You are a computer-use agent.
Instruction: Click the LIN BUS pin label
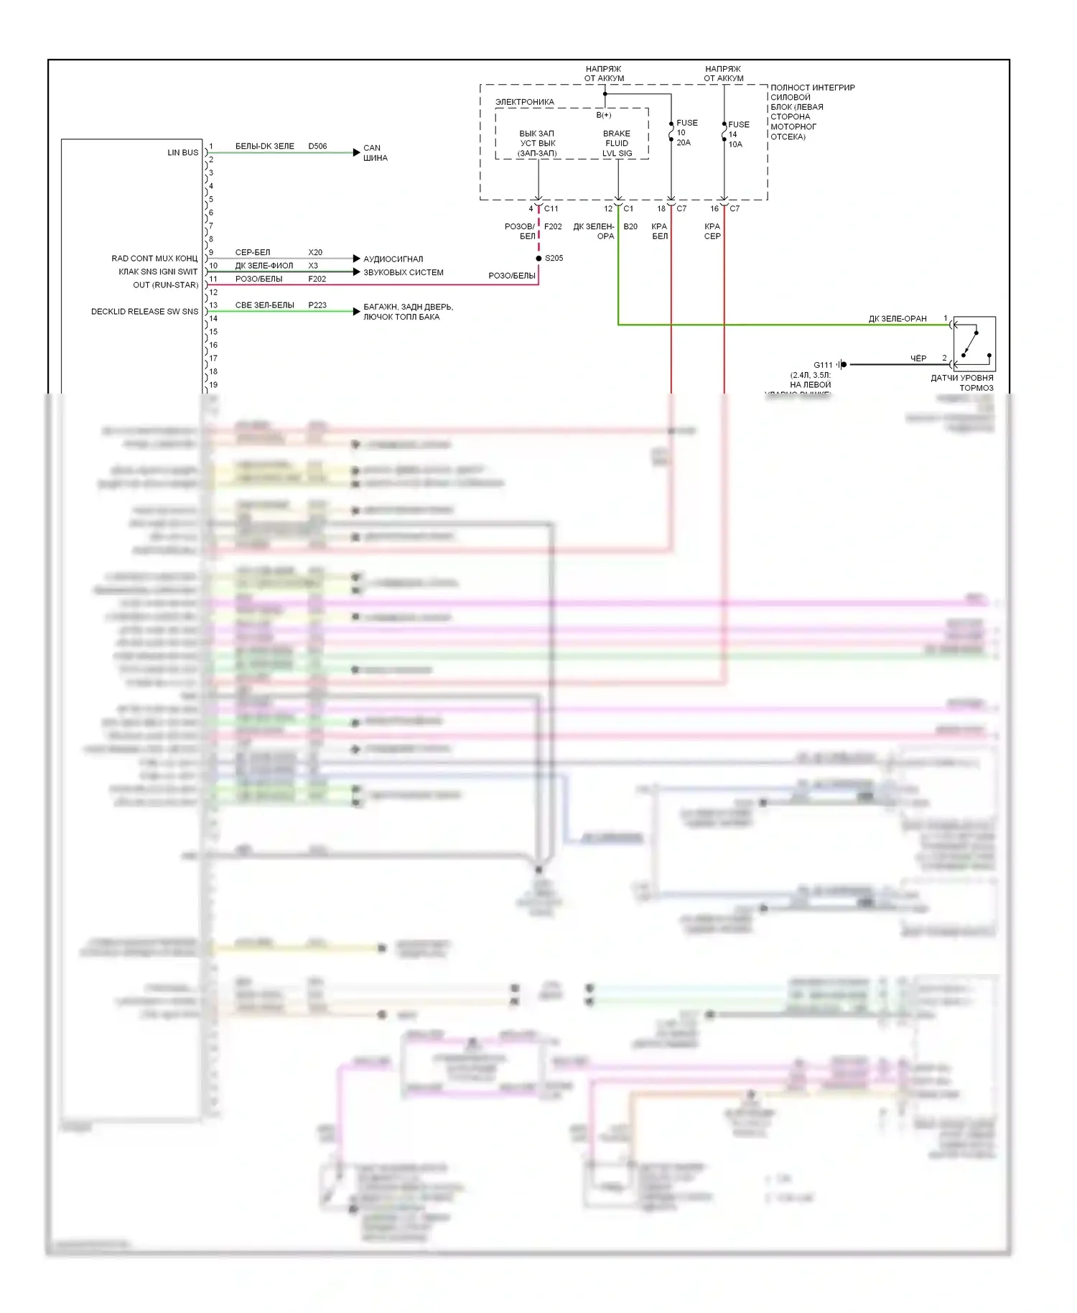[182, 152]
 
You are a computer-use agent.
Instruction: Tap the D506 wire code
[317, 147]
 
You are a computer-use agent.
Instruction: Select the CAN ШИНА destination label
[375, 153]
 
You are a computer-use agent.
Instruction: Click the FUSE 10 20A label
[686, 133]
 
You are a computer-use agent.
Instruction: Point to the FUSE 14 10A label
[737, 134]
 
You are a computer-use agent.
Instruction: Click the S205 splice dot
[538, 259]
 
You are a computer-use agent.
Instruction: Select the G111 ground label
[823, 365]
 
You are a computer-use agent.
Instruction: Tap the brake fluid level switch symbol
[974, 343]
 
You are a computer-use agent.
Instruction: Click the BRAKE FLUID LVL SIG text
[617, 144]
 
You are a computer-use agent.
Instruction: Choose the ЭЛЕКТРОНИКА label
[525, 102]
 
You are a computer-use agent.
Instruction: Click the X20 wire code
[315, 253]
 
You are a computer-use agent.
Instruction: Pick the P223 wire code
[317, 305]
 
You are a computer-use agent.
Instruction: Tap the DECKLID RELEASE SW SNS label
[144, 312]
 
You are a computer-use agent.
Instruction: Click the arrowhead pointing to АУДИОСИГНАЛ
[357, 259]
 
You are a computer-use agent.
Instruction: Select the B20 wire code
[630, 227]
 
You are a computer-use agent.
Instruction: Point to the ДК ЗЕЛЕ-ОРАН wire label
[897, 319]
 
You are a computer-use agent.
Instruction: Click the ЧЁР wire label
[918, 358]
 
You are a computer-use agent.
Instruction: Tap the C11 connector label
[551, 209]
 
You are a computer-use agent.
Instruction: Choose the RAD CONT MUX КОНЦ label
[154, 259]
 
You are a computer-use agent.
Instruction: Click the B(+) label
[604, 115]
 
